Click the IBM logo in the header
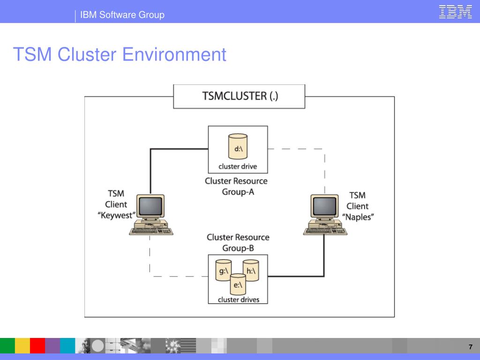(x=455, y=12)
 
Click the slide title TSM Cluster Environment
(x=120, y=54)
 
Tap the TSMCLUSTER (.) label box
(x=239, y=97)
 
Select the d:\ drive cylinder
(x=238, y=146)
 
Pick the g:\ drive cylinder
(x=224, y=270)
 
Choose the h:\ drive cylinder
(x=251, y=270)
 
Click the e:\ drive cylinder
(x=238, y=284)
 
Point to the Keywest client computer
(x=151, y=215)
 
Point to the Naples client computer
(x=325, y=215)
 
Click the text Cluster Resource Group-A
(x=236, y=187)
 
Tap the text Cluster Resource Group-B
(x=238, y=242)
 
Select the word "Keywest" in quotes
(x=116, y=215)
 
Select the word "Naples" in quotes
(x=358, y=217)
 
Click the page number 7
(x=471, y=347)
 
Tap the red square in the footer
(x=37, y=345)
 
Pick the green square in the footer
(x=7, y=345)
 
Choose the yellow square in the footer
(x=22, y=345)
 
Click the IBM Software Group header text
(x=122, y=15)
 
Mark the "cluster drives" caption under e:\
(x=239, y=300)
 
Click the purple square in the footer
(x=52, y=345)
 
